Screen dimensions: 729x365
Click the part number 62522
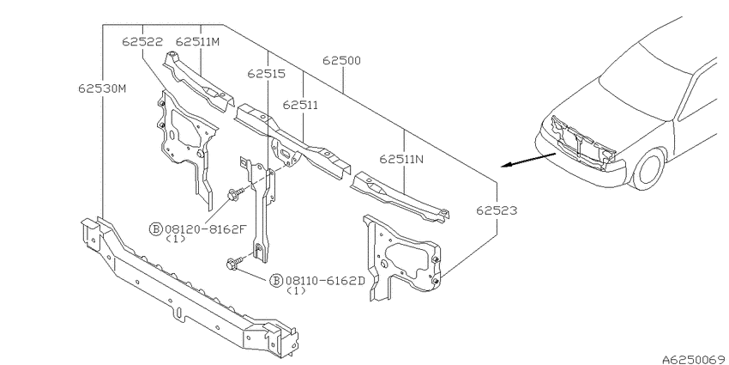[x=142, y=42]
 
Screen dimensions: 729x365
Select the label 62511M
[x=197, y=42]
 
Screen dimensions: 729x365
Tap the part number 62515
[x=267, y=74]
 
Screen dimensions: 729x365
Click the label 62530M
[x=102, y=88]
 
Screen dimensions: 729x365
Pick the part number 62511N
[x=401, y=159]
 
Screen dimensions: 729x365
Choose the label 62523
[x=497, y=211]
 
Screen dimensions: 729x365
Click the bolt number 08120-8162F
[x=205, y=228]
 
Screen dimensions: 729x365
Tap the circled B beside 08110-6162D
[x=276, y=280]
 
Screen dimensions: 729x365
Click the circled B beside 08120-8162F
[x=155, y=228]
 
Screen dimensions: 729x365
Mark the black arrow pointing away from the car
[x=528, y=159]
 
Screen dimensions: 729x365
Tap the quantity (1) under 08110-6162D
[x=296, y=291]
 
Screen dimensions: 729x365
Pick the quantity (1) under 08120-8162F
[x=176, y=239]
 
